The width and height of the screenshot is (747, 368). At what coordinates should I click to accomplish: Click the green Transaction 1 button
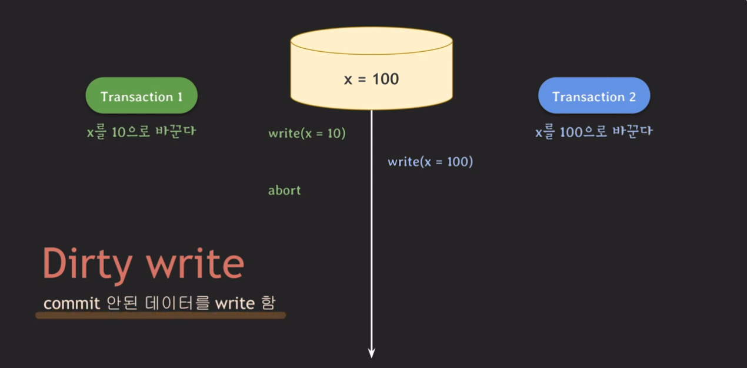click(141, 96)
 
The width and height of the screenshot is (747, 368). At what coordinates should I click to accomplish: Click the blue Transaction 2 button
click(594, 96)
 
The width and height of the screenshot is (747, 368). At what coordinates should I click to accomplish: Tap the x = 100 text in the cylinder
click(371, 79)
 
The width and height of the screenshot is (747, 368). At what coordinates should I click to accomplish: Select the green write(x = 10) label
click(306, 134)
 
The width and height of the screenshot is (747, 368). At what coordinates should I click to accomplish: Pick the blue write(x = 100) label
click(430, 161)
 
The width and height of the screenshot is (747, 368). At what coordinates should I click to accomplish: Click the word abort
click(284, 190)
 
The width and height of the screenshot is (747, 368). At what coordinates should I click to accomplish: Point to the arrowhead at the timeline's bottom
click(372, 353)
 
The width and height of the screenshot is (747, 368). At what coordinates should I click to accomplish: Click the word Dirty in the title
click(87, 264)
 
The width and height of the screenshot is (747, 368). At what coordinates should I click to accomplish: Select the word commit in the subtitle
click(72, 303)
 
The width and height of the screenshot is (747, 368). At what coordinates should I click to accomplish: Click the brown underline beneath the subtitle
click(160, 316)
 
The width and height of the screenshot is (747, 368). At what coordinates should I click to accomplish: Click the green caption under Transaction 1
click(141, 132)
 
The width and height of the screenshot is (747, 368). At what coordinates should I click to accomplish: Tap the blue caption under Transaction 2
click(593, 132)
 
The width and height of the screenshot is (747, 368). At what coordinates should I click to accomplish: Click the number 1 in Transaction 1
click(179, 97)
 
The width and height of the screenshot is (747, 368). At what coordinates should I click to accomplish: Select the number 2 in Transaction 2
click(632, 97)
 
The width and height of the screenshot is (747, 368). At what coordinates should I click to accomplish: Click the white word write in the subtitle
click(235, 303)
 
